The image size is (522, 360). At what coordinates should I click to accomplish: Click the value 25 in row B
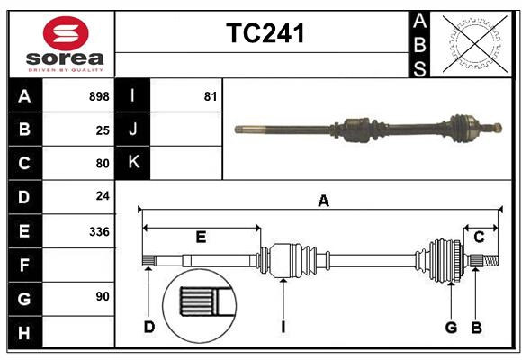103,130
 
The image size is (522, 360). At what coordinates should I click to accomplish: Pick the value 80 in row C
103,164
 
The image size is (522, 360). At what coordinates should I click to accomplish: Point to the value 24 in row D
103,196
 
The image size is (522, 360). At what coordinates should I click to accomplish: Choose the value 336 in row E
99,231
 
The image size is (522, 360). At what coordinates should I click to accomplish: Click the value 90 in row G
103,296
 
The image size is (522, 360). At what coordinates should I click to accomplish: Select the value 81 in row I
211,96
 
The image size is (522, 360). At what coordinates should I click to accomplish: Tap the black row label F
24,265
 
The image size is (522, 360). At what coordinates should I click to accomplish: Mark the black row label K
133,163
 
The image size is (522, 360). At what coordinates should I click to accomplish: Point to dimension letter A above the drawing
323,202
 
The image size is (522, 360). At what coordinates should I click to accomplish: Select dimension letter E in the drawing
201,238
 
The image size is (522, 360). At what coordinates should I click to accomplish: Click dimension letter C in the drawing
480,238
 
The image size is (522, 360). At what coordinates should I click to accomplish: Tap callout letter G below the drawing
451,327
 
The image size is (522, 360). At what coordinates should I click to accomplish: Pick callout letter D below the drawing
149,327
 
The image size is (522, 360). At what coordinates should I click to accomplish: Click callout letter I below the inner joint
283,327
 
